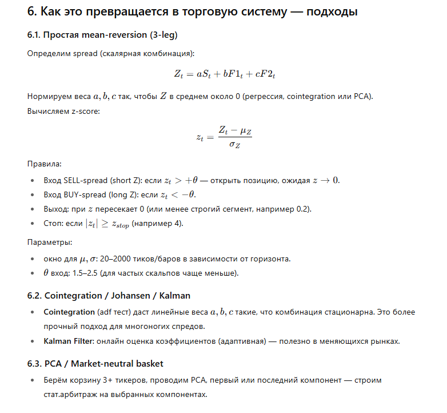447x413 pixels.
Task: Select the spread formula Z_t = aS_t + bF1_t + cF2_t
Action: point(225,74)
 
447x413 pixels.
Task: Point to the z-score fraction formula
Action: point(223,137)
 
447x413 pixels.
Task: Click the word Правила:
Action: point(44,164)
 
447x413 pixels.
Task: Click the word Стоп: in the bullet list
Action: point(55,223)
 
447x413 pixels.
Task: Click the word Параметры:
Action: point(50,243)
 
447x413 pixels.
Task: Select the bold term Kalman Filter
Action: point(69,341)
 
